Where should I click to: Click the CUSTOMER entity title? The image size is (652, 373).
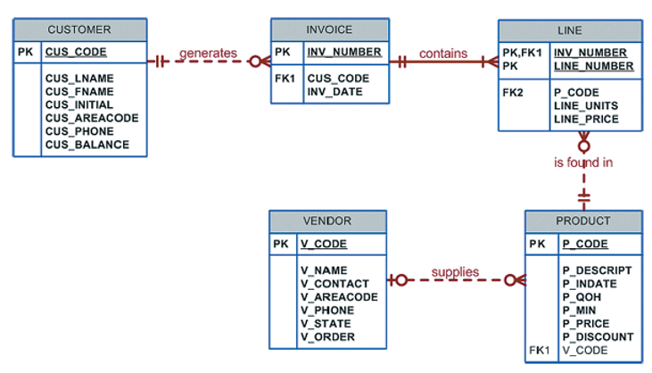79,30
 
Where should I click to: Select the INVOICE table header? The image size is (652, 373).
329,29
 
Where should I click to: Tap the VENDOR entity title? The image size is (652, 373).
327,220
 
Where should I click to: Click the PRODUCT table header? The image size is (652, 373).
582,220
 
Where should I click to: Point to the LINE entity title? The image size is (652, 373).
569,30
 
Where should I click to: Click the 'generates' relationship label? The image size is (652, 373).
208,54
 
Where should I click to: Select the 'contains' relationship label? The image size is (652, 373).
442,54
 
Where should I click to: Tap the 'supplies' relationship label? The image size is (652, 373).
455,272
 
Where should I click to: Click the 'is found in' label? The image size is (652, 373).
583,162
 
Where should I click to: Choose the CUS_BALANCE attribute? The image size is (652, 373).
87,145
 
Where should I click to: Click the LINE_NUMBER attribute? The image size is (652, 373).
593,67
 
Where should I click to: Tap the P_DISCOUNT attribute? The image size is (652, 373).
598,336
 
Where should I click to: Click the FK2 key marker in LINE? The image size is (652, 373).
514,93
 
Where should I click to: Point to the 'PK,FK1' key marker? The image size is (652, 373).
522,54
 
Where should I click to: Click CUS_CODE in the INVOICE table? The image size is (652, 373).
338,79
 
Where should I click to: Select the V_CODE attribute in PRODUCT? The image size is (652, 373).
584,351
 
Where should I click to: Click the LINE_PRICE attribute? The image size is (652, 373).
585,119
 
